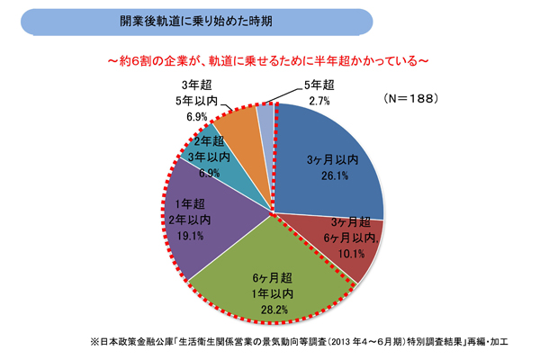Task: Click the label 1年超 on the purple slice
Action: (x=192, y=204)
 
